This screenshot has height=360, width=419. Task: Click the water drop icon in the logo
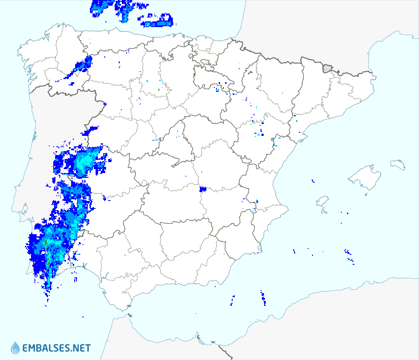coord(15,348)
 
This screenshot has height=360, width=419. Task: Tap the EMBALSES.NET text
coord(56,348)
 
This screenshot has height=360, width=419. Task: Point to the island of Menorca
coord(398,165)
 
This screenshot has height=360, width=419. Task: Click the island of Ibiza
coord(322,201)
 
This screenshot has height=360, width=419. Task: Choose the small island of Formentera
coord(324,212)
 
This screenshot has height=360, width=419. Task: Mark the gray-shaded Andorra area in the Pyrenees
coord(327,68)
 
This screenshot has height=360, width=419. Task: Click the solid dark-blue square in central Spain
coord(202,189)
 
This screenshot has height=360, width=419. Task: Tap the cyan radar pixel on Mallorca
coord(362,185)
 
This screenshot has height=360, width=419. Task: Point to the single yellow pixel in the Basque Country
coord(213,54)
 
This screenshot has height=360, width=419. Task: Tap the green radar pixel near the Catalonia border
coord(297,121)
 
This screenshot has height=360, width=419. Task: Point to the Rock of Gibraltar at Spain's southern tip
coord(130,315)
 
